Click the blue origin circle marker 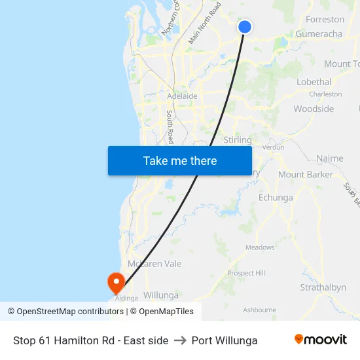244,26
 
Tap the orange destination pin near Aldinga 116,282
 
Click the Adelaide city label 182,96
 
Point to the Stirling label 237,140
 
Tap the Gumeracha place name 319,34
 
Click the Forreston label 325,20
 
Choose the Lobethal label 314,82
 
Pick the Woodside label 314,109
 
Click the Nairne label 329,158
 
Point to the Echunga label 276,197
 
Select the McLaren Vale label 154,264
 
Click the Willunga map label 160,295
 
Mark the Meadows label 260,247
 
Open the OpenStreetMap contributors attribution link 70,312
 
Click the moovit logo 321,340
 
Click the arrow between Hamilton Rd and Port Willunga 180,340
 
